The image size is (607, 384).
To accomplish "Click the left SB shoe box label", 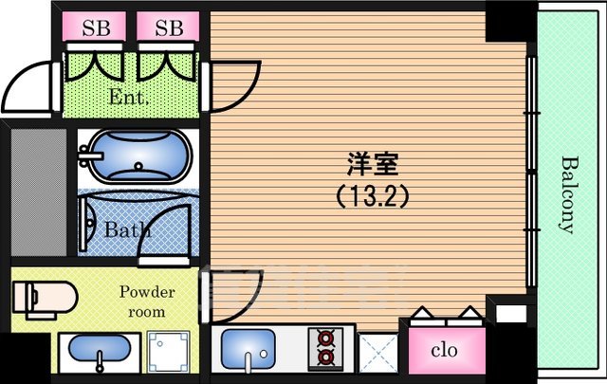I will point(95,27).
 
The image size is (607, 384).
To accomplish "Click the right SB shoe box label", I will point(168,27).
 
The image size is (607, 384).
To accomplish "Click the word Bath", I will point(127,230).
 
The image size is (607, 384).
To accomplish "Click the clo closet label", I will point(443,350).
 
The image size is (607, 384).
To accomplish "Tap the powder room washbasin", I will point(98,354).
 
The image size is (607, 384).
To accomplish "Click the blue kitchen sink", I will point(248,351).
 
